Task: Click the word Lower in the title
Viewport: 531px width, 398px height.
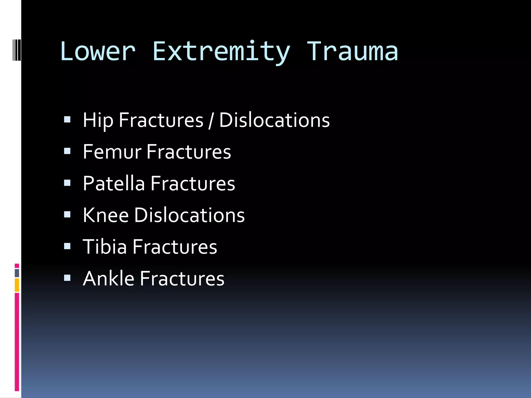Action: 98,52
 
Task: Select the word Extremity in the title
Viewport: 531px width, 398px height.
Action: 221,52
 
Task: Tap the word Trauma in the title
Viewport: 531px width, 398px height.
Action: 352,52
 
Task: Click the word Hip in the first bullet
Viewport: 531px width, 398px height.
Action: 98,120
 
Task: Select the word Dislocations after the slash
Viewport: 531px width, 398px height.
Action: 274,120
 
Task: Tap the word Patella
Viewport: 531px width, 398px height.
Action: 114,183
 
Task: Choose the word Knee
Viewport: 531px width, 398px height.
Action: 106,215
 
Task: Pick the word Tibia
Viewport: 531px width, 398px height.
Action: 105,247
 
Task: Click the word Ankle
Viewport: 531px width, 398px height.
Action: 108,279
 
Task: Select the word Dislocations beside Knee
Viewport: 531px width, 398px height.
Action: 189,215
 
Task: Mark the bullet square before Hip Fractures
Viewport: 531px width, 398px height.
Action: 67,119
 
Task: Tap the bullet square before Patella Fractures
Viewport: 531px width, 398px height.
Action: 67,183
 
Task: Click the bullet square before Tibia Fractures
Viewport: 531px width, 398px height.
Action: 67,246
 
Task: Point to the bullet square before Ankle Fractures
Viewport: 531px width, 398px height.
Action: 67,278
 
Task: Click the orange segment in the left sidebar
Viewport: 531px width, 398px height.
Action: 17,285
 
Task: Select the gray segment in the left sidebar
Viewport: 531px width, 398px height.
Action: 17,273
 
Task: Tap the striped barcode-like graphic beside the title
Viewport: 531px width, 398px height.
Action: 17,49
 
